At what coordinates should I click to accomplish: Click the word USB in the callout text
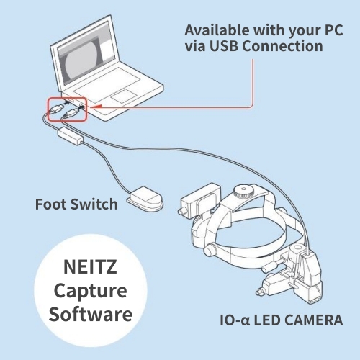pos(224,46)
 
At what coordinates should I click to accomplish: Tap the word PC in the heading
pos(334,30)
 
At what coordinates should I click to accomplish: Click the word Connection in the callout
pos(282,46)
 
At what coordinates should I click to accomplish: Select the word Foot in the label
pos(50,204)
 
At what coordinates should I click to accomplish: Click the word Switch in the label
pos(94,204)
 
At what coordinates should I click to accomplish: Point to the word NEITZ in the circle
pos(90,267)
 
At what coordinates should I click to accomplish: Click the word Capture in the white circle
pos(90,292)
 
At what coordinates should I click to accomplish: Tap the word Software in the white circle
pos(91,314)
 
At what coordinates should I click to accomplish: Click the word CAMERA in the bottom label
pos(315,320)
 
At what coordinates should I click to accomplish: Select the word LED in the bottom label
pos(269,320)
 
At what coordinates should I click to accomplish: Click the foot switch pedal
pos(145,198)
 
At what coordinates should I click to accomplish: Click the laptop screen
pos(86,56)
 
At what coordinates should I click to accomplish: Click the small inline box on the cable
pos(71,136)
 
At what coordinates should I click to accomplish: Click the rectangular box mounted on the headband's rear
pos(201,201)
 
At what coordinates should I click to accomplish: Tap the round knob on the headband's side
pos(210,250)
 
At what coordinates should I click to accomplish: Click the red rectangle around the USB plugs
pos(67,109)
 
